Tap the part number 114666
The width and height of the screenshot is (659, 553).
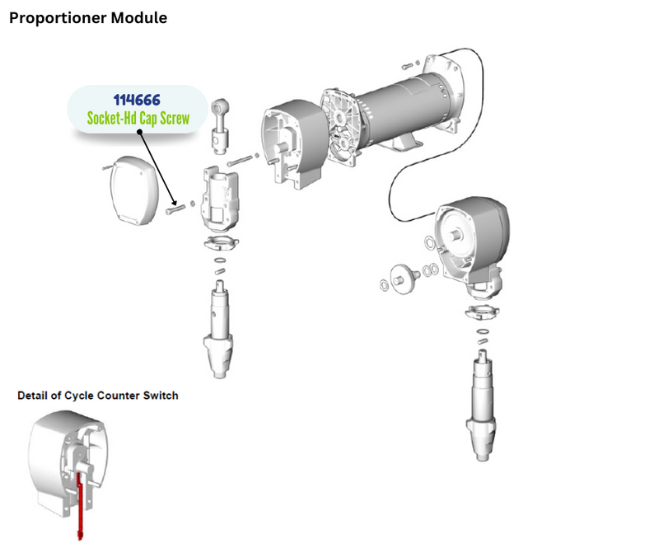[x=138, y=100]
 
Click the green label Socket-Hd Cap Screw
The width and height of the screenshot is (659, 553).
[x=138, y=119]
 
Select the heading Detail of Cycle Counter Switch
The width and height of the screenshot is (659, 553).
[x=98, y=396]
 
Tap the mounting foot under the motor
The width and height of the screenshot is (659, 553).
[x=408, y=143]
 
